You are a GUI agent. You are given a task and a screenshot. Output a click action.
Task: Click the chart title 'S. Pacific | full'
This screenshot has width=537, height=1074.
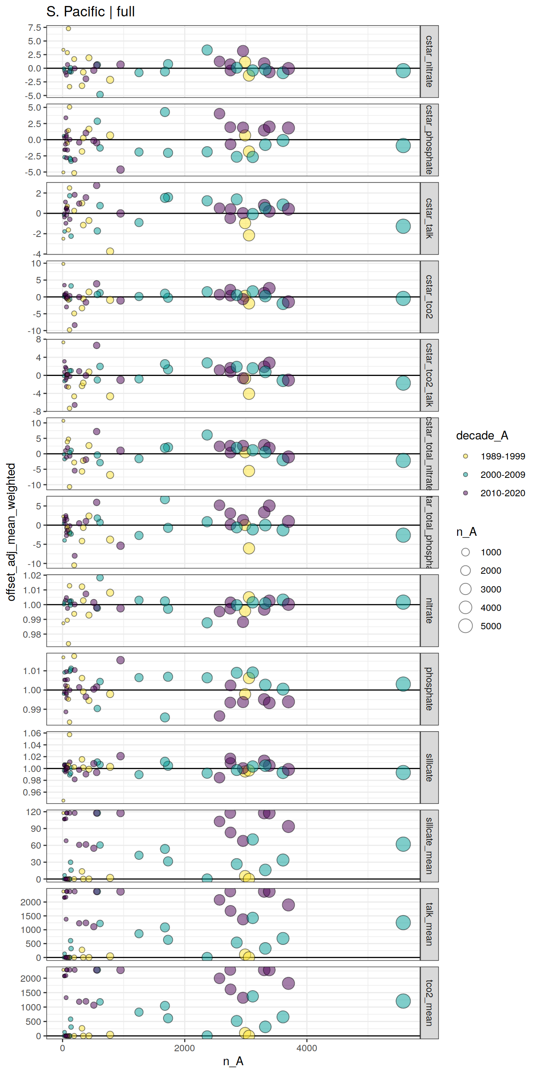pyautogui.click(x=90, y=12)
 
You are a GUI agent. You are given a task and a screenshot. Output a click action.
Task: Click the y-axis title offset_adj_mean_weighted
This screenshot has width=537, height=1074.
pyautogui.click(x=11, y=531)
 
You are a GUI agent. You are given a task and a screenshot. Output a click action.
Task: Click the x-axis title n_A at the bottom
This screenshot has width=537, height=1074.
pyautogui.click(x=233, y=1061)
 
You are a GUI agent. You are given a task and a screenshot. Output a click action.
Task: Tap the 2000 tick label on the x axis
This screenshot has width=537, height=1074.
pyautogui.click(x=184, y=1048)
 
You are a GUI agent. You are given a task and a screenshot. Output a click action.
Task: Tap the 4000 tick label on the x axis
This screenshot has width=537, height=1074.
pyautogui.click(x=306, y=1048)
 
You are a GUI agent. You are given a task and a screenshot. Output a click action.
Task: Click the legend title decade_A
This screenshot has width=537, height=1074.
pyautogui.click(x=482, y=435)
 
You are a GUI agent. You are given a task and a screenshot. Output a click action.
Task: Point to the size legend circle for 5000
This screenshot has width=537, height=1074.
pyautogui.click(x=465, y=626)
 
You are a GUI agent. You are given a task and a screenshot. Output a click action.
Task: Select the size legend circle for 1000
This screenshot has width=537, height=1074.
pyautogui.click(x=465, y=552)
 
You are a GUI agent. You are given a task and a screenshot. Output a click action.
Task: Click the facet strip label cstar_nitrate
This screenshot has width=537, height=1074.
pyautogui.click(x=429, y=61)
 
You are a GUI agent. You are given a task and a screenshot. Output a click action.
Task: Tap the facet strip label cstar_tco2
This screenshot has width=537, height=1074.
pyautogui.click(x=429, y=296)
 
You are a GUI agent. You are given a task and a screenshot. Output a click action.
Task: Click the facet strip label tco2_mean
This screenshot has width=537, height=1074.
pyautogui.click(x=429, y=1002)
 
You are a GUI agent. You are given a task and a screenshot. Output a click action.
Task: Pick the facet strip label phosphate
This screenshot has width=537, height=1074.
pyautogui.click(x=429, y=689)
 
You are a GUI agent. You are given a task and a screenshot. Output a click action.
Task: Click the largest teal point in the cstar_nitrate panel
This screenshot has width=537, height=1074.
pyautogui.click(x=403, y=71)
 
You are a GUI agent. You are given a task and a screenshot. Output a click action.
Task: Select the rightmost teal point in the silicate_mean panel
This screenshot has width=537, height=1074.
pyautogui.click(x=403, y=844)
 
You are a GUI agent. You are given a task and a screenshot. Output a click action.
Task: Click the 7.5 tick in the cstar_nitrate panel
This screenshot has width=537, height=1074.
pyautogui.click(x=35, y=28)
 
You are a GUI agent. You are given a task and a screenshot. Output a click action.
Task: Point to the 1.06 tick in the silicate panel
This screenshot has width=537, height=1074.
pyautogui.click(x=32, y=733)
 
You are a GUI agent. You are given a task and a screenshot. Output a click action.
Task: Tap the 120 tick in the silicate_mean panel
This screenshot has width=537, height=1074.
pyautogui.click(x=33, y=812)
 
